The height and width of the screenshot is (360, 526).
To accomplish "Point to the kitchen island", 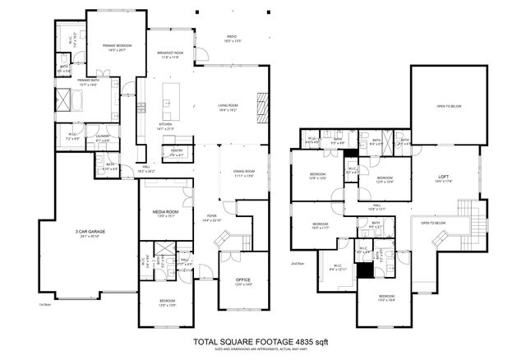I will tap(171, 99).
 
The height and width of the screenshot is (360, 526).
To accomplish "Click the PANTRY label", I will tap(177, 150).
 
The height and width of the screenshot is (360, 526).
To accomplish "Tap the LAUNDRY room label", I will tap(103, 137).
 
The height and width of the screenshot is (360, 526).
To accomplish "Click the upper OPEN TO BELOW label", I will tap(448, 106).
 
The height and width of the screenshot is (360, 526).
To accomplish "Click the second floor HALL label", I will tap(375, 205).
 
